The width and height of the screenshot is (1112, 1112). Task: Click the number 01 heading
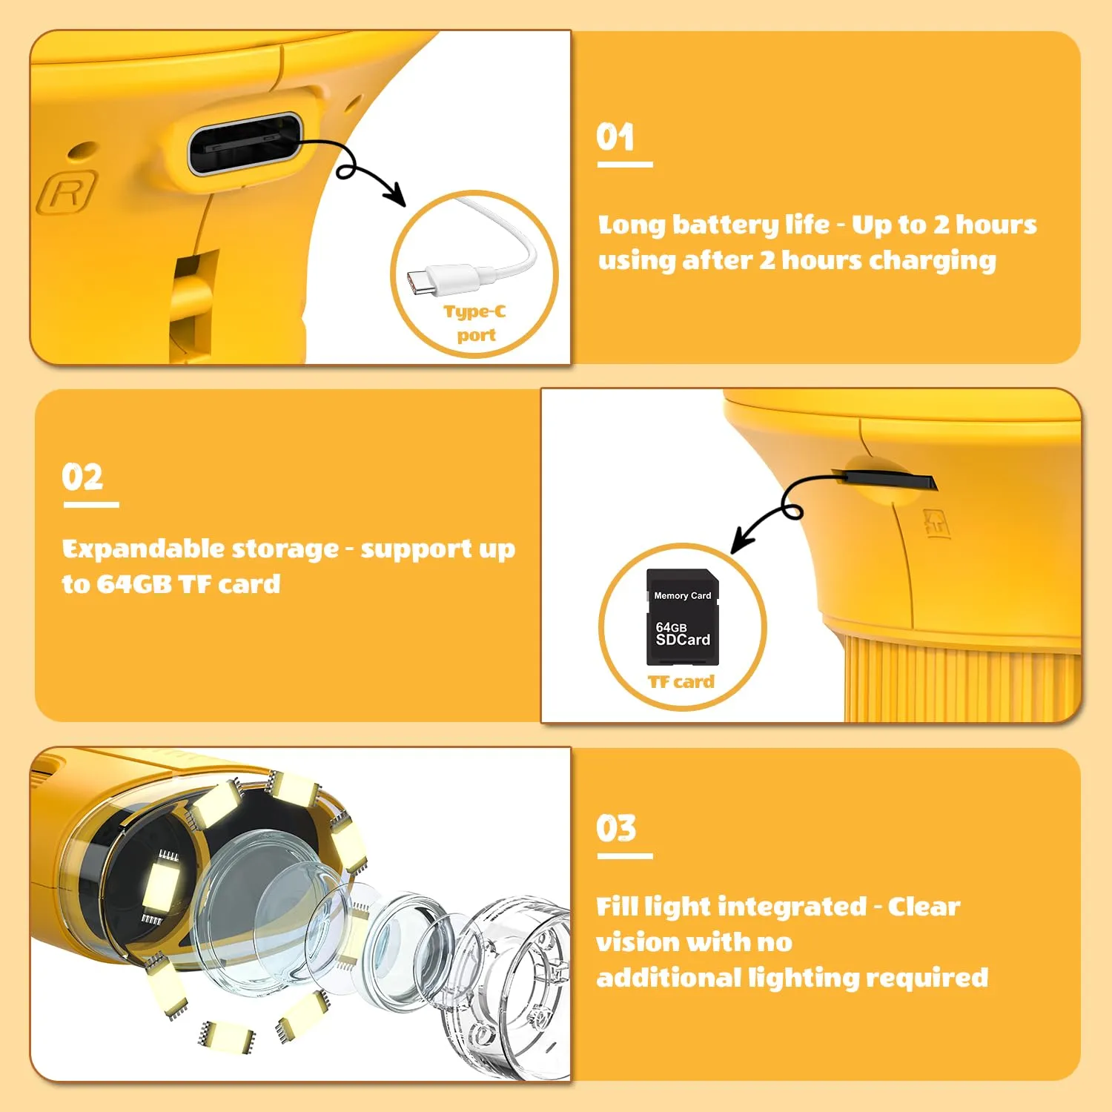(615, 137)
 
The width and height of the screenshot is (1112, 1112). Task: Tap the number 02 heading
(82, 477)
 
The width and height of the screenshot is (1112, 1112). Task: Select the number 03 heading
(616, 828)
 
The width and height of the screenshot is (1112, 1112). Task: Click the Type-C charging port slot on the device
(245, 144)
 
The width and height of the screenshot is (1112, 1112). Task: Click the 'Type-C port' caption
(475, 322)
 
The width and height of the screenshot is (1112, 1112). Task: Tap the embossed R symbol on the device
(68, 193)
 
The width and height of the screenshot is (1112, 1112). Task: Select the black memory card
(683, 617)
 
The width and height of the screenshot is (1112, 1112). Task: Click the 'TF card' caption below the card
(681, 681)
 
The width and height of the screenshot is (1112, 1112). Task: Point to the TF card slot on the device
(885, 480)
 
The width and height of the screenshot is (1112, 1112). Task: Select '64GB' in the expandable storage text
(134, 584)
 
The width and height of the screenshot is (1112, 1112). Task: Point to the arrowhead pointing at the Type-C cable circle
(394, 194)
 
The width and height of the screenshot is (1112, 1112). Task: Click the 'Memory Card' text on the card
(682, 595)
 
